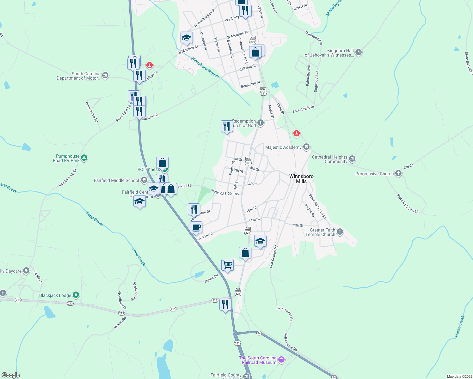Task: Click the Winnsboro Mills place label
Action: tap(301, 179)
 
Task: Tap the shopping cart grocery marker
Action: tap(227, 265)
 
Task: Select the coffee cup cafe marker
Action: tap(196, 227)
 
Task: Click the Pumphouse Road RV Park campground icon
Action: tap(84, 158)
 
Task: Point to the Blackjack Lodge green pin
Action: tap(76, 295)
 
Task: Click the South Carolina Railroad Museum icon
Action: tap(281, 360)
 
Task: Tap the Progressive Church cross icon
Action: tap(398, 173)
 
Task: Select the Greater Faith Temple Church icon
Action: tap(340, 232)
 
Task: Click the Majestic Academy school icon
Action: tap(306, 147)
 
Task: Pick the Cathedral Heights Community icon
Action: tap(352, 159)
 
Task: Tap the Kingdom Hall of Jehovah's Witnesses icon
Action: tap(358, 52)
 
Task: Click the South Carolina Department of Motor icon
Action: tap(105, 75)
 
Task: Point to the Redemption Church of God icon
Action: tap(260, 123)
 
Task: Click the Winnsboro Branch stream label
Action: tap(205, 68)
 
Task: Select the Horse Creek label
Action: tap(460, 327)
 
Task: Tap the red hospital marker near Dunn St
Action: tap(296, 134)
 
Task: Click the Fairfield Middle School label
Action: tap(116, 181)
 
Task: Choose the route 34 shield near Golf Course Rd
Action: tap(259, 333)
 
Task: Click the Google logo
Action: tap(10, 375)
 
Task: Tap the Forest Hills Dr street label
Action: tap(304, 109)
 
